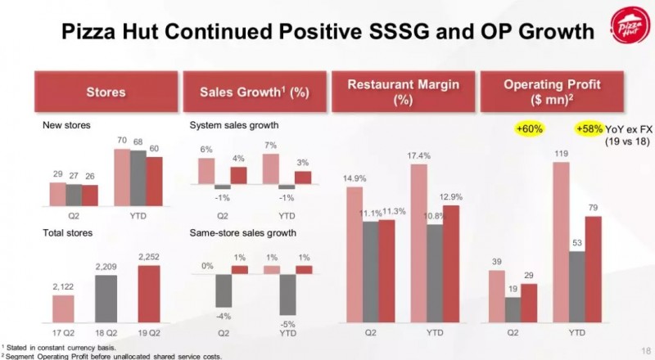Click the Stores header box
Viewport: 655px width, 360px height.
106,92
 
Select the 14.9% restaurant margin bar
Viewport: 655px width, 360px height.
355,254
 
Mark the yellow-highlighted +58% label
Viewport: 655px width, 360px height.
589,129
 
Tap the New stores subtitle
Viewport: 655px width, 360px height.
66,126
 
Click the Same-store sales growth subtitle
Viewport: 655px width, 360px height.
242,233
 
